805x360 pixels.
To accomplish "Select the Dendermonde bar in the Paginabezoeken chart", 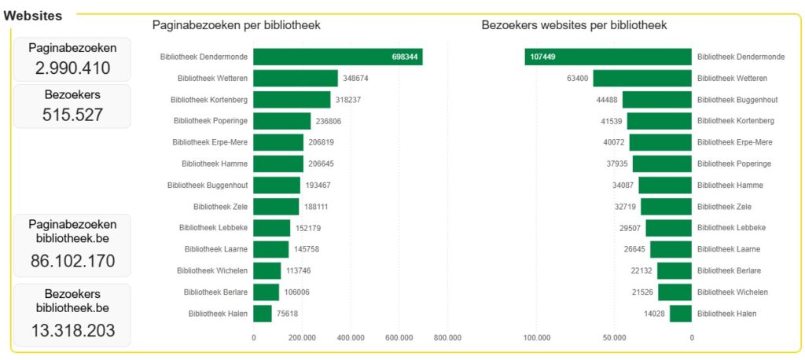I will [x=338, y=57].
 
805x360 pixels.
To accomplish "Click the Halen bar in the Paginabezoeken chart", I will [x=263, y=314].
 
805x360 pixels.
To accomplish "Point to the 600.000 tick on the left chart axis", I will [x=399, y=338].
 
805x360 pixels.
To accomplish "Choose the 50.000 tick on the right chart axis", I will [x=614, y=338].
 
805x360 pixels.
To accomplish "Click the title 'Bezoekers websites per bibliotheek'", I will [x=574, y=25].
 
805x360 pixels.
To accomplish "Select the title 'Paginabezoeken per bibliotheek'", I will [x=236, y=25].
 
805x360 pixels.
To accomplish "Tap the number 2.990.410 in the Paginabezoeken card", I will [x=72, y=68].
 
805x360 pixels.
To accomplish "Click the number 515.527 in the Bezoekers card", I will [x=72, y=115].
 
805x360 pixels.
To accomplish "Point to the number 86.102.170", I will [x=72, y=261].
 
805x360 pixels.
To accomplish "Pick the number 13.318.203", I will [x=72, y=329].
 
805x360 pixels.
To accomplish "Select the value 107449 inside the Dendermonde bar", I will [x=543, y=57].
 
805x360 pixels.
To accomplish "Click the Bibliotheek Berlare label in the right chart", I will [x=729, y=270].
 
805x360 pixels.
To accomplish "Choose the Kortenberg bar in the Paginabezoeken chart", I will [x=292, y=100].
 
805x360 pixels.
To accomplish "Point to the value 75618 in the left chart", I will [x=289, y=314].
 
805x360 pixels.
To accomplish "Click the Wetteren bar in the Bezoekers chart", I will [x=642, y=79].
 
